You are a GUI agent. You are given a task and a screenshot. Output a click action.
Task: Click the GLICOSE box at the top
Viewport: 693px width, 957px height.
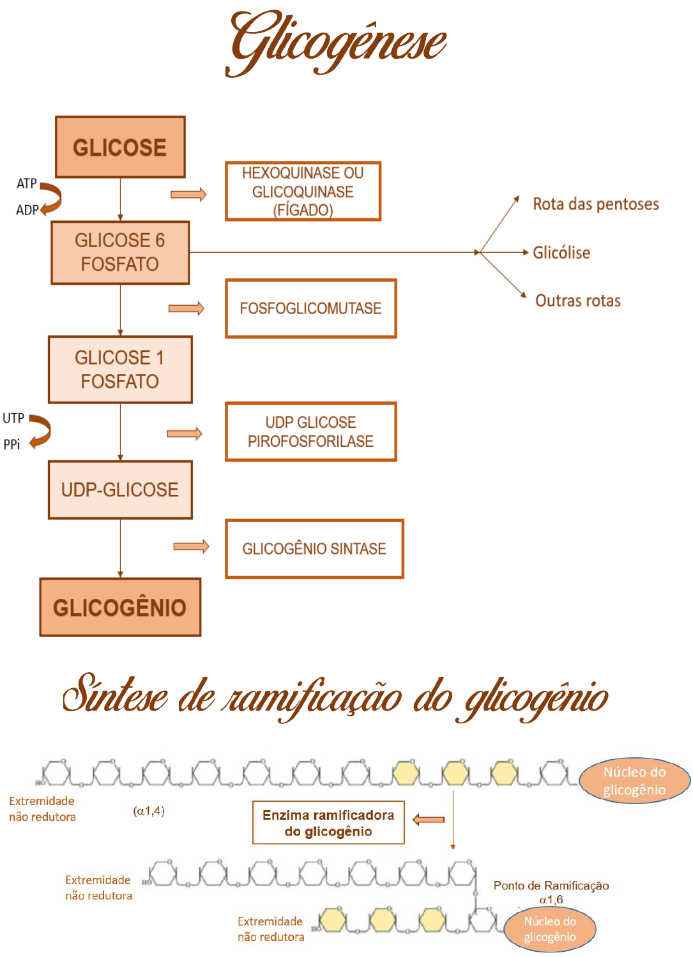coord(120,147)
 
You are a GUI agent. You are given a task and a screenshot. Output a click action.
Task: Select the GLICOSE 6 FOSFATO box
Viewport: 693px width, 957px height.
coord(120,252)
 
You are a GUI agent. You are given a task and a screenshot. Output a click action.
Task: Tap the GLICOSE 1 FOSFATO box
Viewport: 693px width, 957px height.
coord(120,370)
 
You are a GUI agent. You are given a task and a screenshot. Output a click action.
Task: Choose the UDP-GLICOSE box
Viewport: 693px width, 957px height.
coord(120,490)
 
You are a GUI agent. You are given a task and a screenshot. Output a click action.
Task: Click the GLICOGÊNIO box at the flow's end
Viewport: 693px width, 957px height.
coord(120,607)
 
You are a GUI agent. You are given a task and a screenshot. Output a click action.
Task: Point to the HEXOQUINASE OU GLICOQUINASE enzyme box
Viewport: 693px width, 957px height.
coord(303,192)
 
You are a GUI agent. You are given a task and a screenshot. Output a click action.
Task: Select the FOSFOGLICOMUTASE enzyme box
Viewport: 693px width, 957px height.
coord(310,308)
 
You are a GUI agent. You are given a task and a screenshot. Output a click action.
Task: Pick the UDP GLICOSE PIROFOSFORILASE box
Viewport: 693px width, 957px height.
coord(310,432)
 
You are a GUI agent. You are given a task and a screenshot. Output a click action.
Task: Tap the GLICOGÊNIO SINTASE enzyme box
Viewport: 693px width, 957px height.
coord(314,549)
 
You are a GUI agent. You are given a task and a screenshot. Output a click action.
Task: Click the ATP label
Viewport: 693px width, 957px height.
coord(26,184)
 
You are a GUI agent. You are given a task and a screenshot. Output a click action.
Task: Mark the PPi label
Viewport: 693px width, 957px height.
coord(11,444)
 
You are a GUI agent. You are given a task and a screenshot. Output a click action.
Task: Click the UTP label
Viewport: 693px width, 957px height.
coord(13,418)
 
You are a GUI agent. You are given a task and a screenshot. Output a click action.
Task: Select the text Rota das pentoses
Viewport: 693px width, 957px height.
coord(595,204)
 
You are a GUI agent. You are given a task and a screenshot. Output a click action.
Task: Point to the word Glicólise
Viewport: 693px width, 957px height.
coord(561,253)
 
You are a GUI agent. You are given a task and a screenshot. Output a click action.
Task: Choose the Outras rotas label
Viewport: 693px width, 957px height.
coord(577,301)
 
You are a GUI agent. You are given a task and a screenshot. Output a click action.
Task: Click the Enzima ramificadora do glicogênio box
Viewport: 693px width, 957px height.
coord(328,823)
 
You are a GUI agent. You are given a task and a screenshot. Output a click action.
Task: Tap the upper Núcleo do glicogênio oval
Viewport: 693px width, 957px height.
coord(634,781)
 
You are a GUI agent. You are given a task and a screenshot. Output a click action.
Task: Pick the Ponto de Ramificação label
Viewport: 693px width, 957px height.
coord(551,885)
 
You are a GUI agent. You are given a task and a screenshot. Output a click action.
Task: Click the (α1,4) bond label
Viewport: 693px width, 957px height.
coord(149,811)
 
